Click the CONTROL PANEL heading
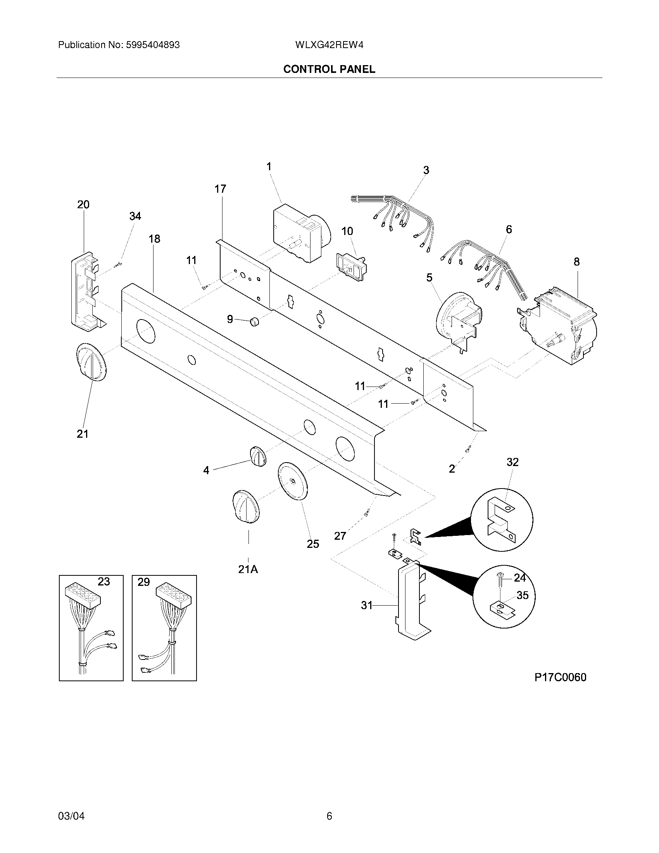coord(329,69)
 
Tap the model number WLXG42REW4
coord(329,45)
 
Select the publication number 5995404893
coord(152,45)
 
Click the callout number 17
coord(220,189)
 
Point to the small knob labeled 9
coord(254,321)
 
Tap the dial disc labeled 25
coord(292,481)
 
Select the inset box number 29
coord(144,582)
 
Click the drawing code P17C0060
coord(560,677)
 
